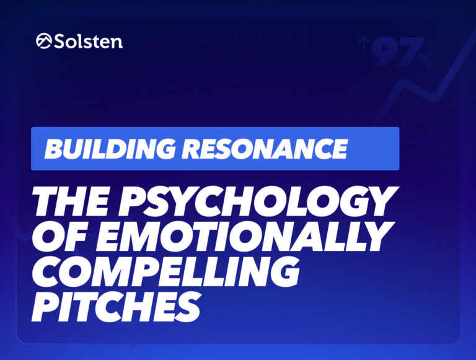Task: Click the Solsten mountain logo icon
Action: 44,41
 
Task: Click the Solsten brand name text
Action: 89,41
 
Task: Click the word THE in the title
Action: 71,201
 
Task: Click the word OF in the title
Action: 63,235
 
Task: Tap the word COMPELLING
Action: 165,270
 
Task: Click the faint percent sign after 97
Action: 425,61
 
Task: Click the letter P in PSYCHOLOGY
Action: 133,201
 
